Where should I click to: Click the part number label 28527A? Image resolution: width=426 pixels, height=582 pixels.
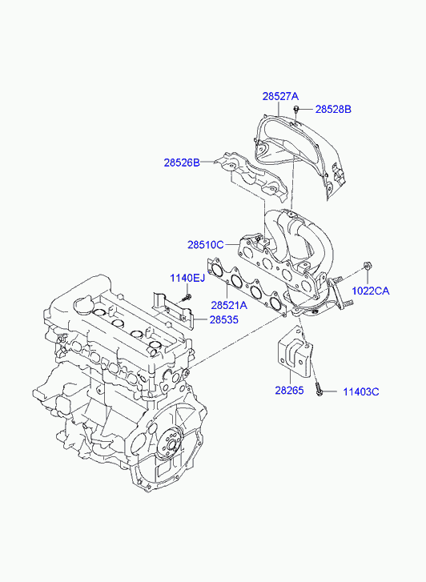280,96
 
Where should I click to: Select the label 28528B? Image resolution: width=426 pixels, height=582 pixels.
333,109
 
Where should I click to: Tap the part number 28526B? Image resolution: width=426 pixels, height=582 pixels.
182,163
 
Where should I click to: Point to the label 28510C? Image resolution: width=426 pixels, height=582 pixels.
205,245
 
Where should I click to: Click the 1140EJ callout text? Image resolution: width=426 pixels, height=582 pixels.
187,278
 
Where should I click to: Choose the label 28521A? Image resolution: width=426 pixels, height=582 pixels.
229,305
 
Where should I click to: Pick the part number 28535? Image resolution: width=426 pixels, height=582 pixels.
224,319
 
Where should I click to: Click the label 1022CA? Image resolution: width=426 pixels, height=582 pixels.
371,291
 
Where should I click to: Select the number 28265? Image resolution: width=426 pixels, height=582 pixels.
289,391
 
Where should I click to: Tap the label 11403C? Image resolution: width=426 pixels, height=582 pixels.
361,392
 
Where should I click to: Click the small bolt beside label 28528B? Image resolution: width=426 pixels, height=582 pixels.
296,109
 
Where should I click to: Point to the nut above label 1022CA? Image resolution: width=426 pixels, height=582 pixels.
367,266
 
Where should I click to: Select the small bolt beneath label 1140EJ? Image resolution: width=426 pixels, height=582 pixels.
187,297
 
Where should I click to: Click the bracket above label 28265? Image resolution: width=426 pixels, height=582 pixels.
295,352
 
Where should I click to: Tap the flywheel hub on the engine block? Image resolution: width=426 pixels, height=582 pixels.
171,444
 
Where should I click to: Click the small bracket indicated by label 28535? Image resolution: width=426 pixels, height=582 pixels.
173,311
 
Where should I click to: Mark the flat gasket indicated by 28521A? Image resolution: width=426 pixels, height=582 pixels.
247,287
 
